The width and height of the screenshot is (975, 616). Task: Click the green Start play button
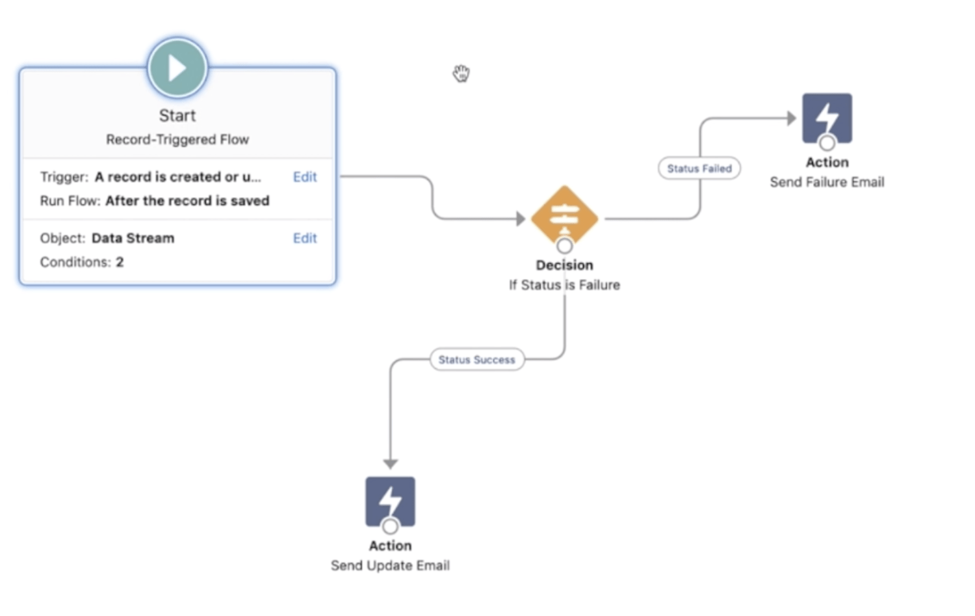[177, 68]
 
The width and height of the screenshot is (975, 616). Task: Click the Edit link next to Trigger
[304, 177]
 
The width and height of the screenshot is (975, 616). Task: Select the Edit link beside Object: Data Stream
[304, 238]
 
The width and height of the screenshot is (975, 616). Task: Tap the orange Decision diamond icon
[564, 215]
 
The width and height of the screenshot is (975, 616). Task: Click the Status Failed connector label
[699, 168]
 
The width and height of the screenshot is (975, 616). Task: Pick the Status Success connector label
[476, 360]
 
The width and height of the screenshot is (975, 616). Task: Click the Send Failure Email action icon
[827, 118]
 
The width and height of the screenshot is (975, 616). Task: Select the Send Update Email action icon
[390, 501]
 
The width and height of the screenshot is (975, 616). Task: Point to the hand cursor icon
[461, 74]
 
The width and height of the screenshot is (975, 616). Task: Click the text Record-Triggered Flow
[177, 139]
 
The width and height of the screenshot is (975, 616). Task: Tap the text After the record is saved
[187, 201]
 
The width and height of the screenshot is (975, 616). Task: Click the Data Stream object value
[133, 238]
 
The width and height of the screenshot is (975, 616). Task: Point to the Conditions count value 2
[120, 262]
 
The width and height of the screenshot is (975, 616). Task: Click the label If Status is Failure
[564, 285]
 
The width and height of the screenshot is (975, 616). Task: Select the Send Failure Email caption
[827, 182]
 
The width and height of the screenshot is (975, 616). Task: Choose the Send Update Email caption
[390, 566]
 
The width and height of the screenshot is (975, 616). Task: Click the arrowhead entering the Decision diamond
[521, 219]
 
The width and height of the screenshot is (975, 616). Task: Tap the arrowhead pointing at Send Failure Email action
[791, 118]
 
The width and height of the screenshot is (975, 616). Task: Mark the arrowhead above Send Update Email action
[390, 464]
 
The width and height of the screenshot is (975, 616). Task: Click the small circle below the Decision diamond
[564, 246]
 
